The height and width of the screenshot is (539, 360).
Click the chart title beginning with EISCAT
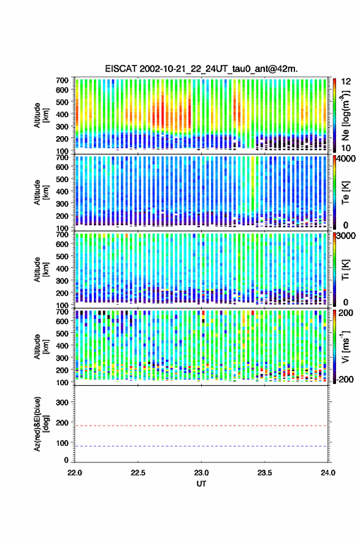[201, 69]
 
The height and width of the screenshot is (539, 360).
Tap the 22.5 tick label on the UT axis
[138, 473]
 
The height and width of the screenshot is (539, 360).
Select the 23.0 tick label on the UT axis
[201, 473]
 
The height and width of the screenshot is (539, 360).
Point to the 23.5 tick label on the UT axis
[264, 473]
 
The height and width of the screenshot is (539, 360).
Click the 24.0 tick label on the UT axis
[327, 473]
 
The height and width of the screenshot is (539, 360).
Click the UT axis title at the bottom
[201, 484]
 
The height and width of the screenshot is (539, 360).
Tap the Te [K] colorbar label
[345, 193]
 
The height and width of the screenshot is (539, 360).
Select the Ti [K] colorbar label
[345, 270]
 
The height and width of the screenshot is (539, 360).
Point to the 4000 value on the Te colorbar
[345, 159]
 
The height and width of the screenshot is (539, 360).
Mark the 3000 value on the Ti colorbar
[345, 236]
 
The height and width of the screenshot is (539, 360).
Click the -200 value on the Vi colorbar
[345, 380]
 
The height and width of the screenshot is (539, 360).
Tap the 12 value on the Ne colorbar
[346, 82]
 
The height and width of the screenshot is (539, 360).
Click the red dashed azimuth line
[201, 426]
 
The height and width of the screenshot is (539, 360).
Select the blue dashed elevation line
[201, 446]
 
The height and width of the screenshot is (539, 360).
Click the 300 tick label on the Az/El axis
[62, 402]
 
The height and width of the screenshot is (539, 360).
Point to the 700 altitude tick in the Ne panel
[62, 80]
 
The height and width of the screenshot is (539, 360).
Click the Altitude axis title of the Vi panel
[41, 346]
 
